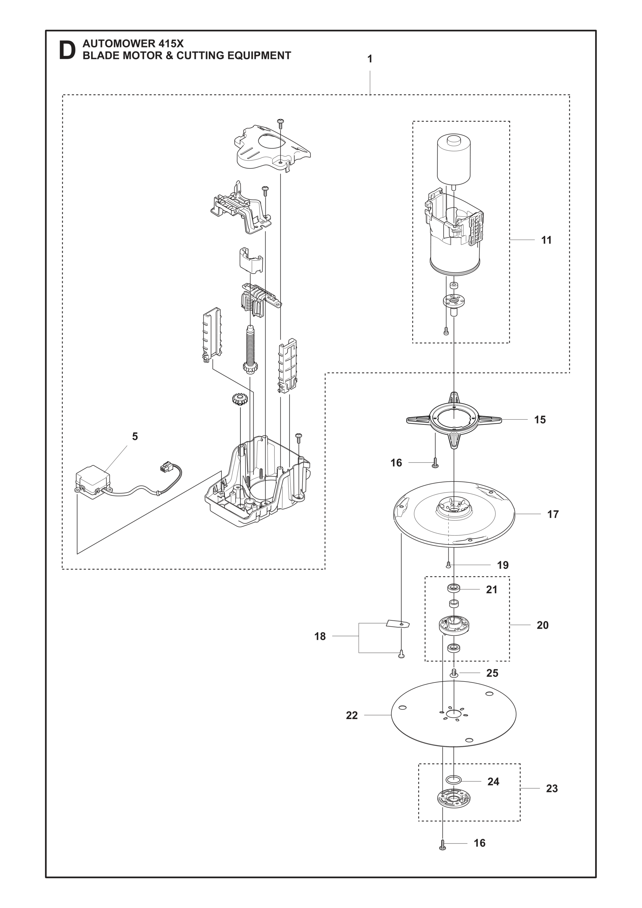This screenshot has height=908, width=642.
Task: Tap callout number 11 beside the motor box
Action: click(x=546, y=240)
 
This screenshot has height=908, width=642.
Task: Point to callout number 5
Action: click(x=135, y=437)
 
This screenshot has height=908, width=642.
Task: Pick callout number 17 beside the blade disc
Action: click(x=553, y=514)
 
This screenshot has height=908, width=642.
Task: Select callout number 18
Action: click(x=320, y=636)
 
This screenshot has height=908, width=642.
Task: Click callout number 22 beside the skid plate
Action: click(x=351, y=716)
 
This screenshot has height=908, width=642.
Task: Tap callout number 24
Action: click(x=493, y=781)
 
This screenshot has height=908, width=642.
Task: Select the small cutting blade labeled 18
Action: click(x=398, y=624)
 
